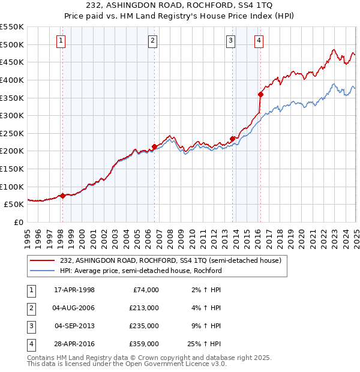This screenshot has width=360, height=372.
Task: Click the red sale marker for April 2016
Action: pos(260,94)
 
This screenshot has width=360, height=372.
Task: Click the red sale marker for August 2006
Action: pos(154,146)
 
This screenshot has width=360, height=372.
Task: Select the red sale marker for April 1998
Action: pos(62,196)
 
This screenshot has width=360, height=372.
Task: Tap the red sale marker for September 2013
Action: pos(232,139)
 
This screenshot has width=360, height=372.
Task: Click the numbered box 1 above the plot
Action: pos(62,41)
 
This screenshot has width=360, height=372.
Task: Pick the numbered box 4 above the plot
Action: pos(259,41)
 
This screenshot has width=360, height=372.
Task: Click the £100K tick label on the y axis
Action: pos(12,187)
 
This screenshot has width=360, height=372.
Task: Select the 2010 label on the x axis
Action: pos(191,236)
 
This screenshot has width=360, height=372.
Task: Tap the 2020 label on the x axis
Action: pos(301,236)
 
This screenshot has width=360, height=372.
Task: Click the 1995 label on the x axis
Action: pos(28,236)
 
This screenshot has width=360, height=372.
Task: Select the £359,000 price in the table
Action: pos(144,344)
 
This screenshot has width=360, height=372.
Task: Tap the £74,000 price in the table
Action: pos(146,290)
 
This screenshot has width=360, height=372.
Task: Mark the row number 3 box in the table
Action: pos(30,326)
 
